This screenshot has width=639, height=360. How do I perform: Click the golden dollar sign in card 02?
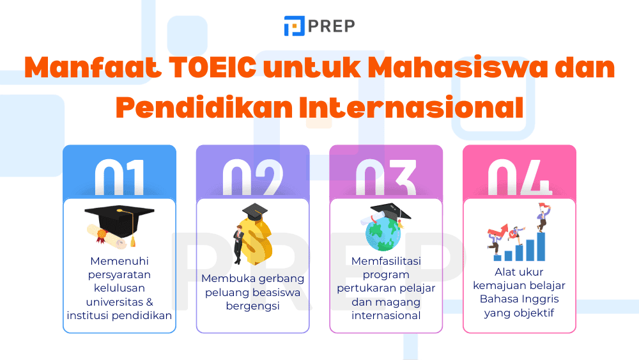252,240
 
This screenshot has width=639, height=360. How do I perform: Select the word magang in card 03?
402,302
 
